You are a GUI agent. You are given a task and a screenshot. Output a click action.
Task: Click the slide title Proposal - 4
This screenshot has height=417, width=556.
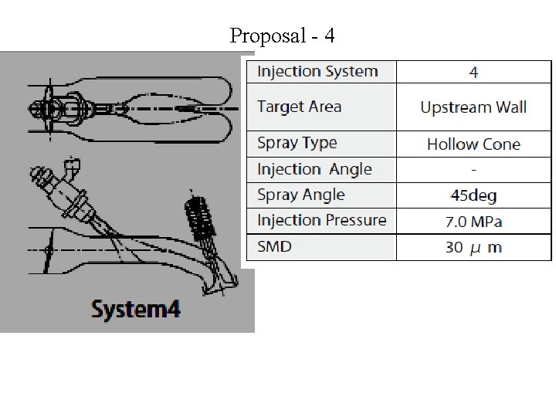[x=282, y=36]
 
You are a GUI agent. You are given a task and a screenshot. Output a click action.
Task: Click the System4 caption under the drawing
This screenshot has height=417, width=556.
[x=136, y=310]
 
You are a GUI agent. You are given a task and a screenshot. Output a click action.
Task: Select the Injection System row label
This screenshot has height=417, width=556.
[x=317, y=72]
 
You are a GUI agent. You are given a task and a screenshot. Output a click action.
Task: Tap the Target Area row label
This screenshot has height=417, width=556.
[x=299, y=107]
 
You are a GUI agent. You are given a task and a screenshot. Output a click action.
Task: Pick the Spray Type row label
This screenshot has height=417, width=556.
[x=297, y=143]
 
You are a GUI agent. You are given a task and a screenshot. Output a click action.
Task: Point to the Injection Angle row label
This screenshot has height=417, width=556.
[x=314, y=169]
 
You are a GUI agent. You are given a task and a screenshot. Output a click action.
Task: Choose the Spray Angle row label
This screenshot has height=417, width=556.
[x=300, y=195]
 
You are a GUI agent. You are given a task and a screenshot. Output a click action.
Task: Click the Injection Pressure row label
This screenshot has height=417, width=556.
[x=321, y=220]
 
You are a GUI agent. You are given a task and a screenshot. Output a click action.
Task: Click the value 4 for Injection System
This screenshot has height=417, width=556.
[x=473, y=73]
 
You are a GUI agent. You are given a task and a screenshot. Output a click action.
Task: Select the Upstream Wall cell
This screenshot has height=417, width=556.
[x=473, y=107]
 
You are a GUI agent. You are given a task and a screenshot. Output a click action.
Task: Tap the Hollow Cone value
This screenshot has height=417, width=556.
[x=473, y=144]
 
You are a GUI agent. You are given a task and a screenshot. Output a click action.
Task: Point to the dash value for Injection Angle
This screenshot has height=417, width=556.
[x=473, y=169]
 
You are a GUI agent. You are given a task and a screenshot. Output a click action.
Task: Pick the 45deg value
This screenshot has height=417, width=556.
[x=473, y=195]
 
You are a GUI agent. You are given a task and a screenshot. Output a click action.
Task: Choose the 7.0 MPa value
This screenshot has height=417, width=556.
[x=473, y=222]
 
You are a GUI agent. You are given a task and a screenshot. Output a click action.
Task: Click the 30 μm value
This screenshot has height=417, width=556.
[x=473, y=247]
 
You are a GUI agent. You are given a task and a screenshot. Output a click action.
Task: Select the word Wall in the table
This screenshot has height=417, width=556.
[x=509, y=107]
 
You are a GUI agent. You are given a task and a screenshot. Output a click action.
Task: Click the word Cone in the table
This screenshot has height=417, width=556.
[x=502, y=144]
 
